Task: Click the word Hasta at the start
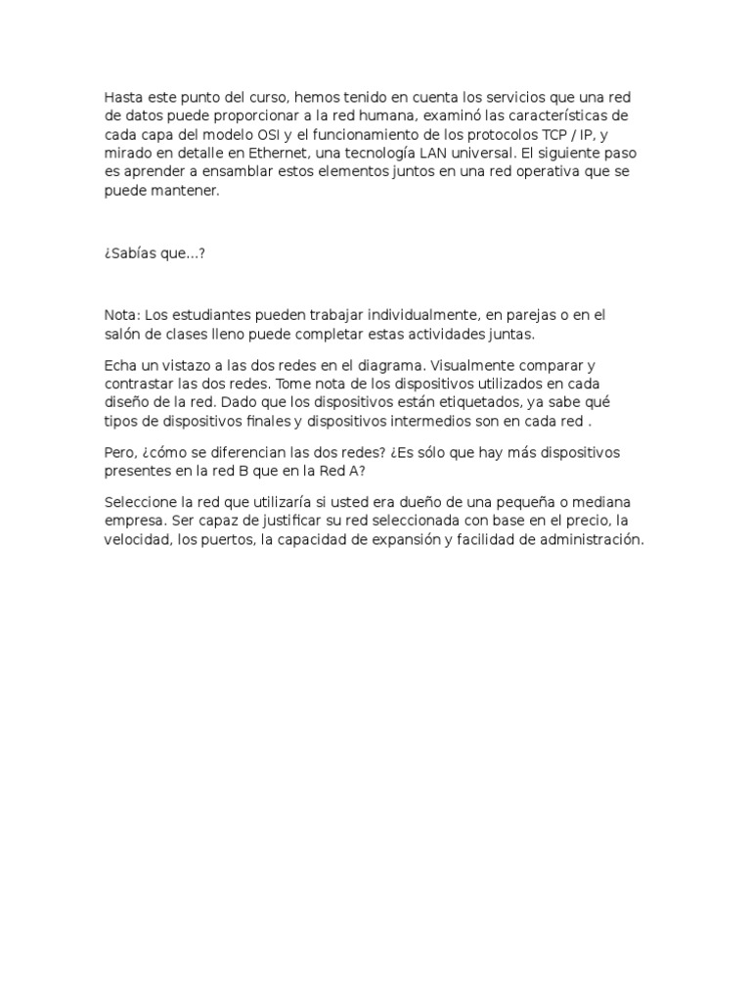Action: [x=124, y=98]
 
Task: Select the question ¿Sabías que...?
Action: [x=155, y=252]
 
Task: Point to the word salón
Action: [x=124, y=334]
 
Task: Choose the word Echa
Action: [x=121, y=364]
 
